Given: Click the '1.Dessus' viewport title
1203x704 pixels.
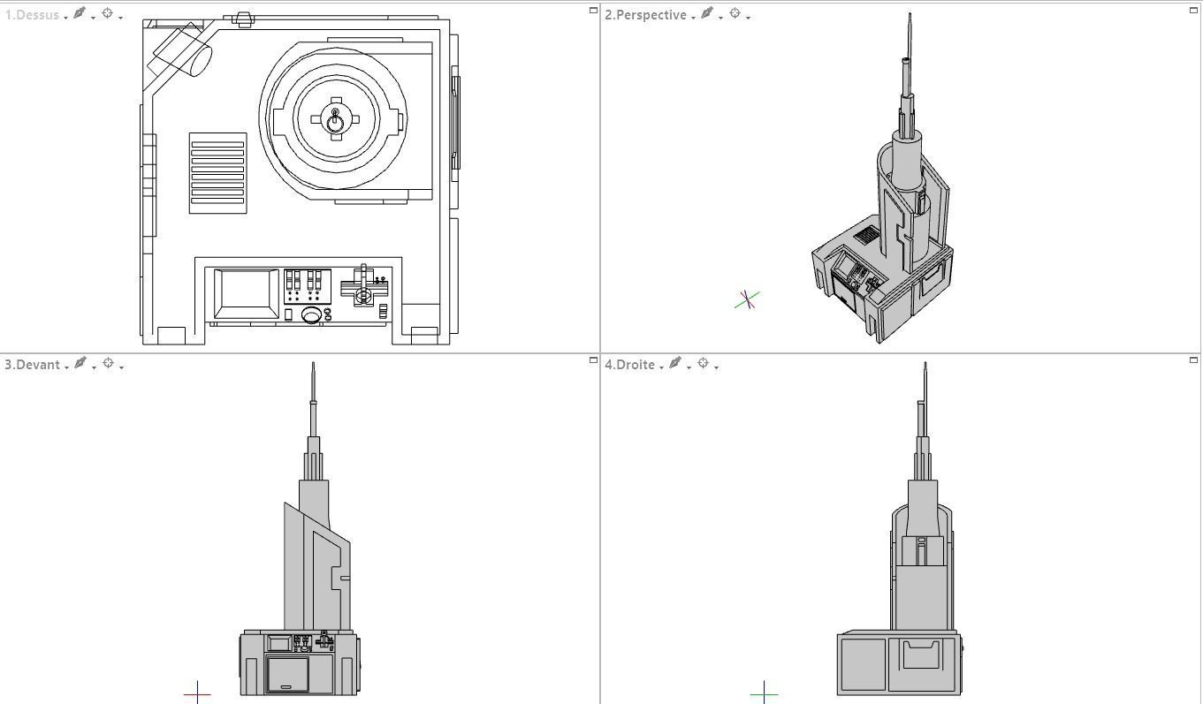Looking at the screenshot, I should click(32, 15).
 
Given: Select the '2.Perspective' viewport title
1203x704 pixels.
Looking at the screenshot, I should click(645, 15).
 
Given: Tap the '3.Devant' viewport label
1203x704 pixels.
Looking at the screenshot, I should click(33, 365).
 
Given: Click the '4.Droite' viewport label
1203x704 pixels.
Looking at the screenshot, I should click(630, 365).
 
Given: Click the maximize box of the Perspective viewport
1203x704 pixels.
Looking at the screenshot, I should click(1193, 10).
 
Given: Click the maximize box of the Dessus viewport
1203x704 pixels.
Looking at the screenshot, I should click(593, 10).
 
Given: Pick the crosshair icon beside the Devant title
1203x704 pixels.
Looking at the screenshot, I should click(109, 364).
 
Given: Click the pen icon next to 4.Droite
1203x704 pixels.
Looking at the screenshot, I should click(676, 364).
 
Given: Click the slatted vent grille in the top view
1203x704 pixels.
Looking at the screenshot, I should click(217, 173).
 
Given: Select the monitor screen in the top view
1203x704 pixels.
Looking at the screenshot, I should click(247, 293).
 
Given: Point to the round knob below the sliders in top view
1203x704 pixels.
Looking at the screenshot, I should click(311, 315).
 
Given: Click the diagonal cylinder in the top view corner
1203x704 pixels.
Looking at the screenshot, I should click(183, 53).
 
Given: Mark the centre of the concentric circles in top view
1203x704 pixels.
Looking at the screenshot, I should click(335, 119).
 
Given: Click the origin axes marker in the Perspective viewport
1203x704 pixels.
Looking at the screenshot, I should click(747, 300).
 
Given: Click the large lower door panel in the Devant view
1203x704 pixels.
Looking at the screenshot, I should click(287, 674).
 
